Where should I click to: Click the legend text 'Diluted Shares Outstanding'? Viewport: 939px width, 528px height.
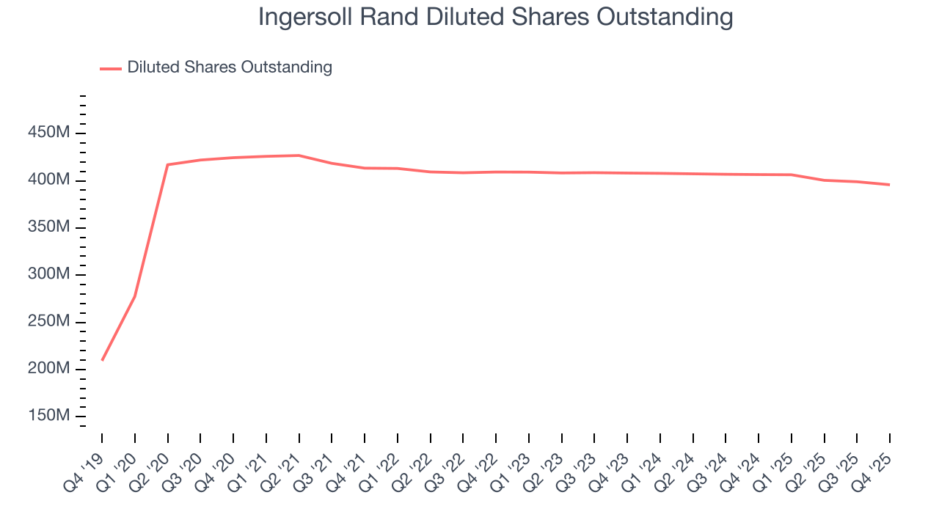click(x=230, y=67)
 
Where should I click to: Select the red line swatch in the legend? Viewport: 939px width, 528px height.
click(x=111, y=68)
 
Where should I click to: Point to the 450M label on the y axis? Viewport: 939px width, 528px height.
click(x=48, y=133)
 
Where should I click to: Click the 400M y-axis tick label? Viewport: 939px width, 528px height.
click(x=48, y=180)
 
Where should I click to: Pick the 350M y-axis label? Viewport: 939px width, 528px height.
click(x=48, y=227)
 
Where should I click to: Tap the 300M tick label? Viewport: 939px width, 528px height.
click(x=48, y=274)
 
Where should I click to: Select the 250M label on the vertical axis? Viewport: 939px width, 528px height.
click(x=48, y=322)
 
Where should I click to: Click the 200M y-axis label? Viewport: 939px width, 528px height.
click(x=48, y=369)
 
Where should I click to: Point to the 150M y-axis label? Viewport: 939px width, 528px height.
click(x=48, y=416)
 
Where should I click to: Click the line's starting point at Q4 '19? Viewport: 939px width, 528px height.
click(x=102, y=360)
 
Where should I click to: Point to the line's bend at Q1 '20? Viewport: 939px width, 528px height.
click(x=135, y=296)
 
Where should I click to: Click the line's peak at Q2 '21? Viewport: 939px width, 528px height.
click(x=299, y=155)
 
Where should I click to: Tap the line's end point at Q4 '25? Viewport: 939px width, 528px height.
click(x=890, y=185)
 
